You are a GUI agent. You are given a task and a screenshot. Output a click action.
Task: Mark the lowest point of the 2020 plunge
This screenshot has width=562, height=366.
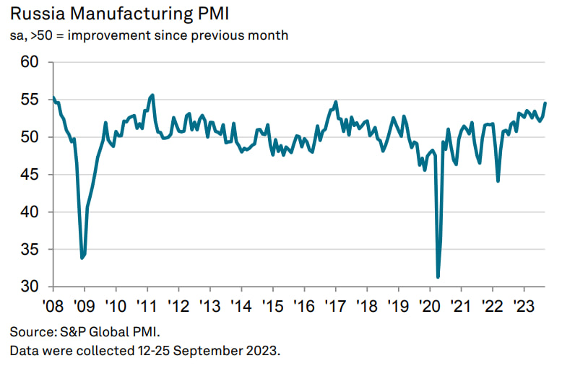click(x=438, y=276)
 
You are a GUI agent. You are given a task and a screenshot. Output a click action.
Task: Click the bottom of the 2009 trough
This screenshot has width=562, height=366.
click(x=82, y=258)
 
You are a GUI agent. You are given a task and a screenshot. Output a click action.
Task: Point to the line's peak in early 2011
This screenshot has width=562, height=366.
click(x=152, y=95)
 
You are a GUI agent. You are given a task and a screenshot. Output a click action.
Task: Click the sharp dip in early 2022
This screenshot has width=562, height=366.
click(x=498, y=180)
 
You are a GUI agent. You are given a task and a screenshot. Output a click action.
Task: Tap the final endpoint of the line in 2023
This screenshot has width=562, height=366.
click(x=545, y=103)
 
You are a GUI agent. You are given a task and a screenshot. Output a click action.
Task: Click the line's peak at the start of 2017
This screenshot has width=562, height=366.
click(x=336, y=102)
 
